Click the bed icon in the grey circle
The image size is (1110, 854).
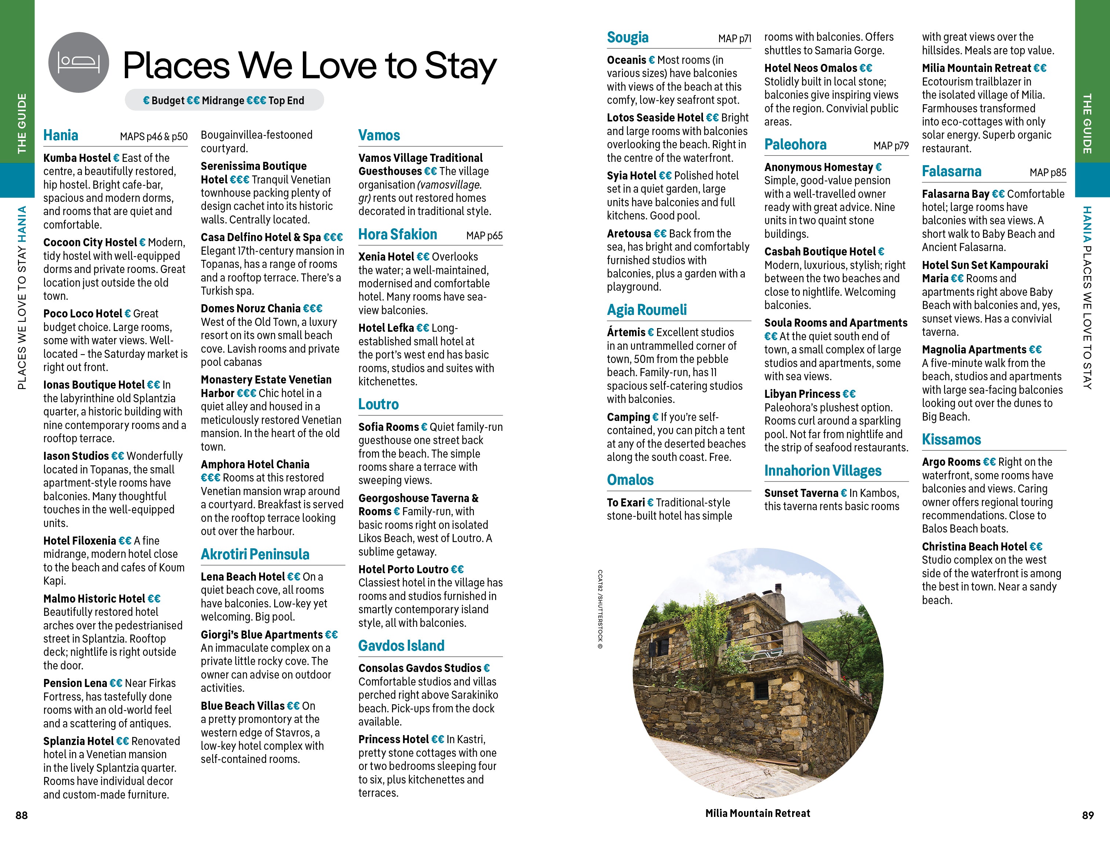click(x=78, y=62)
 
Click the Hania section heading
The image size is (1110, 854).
click(x=61, y=135)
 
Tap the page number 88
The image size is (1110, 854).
click(x=21, y=815)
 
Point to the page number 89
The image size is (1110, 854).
click(x=1088, y=815)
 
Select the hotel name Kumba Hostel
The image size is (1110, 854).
click(x=77, y=158)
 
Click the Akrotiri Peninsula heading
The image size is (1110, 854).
click(x=255, y=554)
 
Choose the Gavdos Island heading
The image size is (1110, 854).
click(x=401, y=646)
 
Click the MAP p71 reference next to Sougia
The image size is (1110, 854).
click(x=734, y=39)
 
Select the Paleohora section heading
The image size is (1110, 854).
click(x=795, y=145)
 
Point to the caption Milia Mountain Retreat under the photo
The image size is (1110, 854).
click(x=757, y=813)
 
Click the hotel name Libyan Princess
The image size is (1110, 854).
click(x=802, y=394)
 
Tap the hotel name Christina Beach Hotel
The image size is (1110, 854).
click(x=974, y=547)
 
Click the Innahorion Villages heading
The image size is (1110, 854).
click(x=822, y=471)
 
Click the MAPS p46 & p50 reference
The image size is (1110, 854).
click(x=153, y=137)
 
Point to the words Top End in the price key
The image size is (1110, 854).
click(x=286, y=101)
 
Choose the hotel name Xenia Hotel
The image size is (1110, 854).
click(x=386, y=257)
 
